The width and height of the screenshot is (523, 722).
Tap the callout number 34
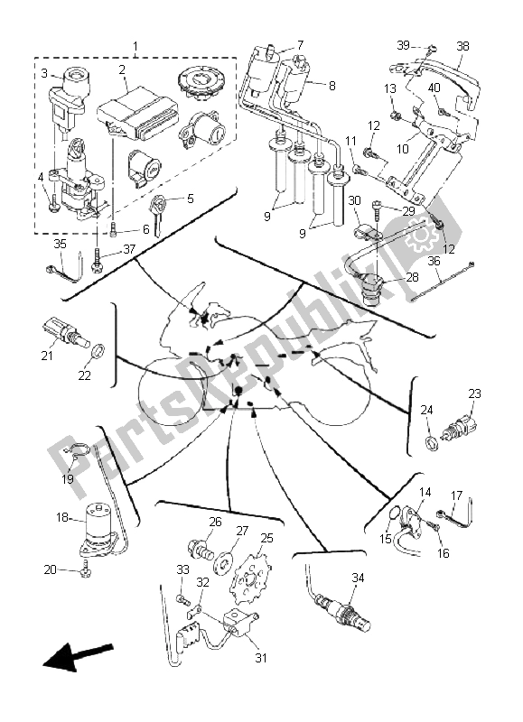[359, 577]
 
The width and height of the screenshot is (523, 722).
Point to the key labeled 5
[162, 214]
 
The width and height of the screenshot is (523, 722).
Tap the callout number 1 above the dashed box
[135, 45]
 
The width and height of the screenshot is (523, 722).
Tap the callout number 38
[462, 45]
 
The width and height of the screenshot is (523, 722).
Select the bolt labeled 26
[198, 548]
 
